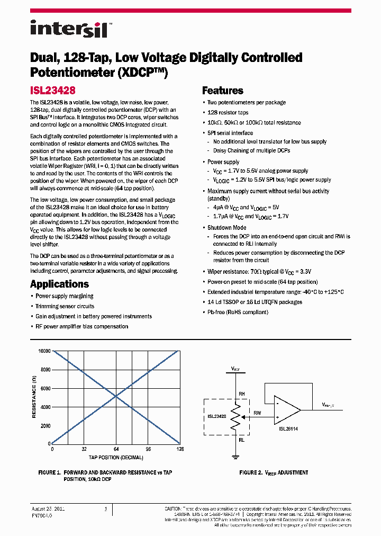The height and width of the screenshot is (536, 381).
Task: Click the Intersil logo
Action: (69, 29)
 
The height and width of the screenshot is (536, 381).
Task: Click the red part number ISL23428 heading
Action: (52, 91)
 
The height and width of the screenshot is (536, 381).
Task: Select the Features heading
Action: (223, 91)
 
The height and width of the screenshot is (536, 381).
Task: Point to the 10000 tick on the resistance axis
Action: (44, 351)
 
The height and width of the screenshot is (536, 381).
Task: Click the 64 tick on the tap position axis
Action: (116, 449)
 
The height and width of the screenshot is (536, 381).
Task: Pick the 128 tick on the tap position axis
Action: (180, 449)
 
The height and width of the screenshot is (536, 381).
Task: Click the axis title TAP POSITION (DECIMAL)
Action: (116, 457)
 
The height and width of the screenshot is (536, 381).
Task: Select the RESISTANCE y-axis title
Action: (34, 398)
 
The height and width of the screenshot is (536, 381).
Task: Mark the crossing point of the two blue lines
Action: (116, 397)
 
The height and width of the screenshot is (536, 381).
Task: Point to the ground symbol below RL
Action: (233, 455)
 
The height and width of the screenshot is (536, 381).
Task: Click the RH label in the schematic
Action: (241, 394)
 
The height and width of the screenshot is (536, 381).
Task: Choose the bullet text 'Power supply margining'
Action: (64, 296)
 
